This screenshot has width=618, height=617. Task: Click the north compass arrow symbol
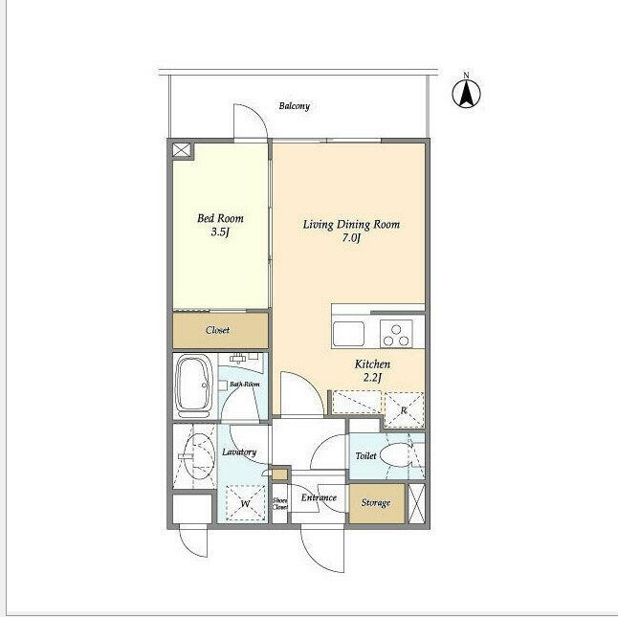[466, 94]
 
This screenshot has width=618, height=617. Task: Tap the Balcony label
[295, 106]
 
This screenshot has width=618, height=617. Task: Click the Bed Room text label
[220, 218]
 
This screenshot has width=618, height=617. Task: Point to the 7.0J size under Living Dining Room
[351, 238]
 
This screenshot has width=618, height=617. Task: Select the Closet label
[217, 330]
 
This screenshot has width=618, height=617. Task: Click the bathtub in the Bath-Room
[194, 386]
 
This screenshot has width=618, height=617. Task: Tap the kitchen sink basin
[348, 334]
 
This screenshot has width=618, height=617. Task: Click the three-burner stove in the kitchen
[396, 334]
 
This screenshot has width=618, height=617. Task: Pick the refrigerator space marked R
[404, 410]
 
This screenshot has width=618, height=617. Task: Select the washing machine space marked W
[245, 503]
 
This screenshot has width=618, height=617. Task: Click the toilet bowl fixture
[397, 455]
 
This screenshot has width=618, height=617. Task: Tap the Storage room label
[376, 503]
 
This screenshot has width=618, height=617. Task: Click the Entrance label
[319, 497]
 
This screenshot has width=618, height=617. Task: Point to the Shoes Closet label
[280, 503]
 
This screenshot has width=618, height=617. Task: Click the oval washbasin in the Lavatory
[200, 456]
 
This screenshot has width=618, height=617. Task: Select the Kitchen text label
[372, 364]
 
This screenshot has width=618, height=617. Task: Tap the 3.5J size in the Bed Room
[220, 232]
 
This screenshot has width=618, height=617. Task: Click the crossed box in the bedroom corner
[182, 150]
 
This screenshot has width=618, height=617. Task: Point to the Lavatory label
[239, 452]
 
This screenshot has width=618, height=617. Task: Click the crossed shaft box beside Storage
[416, 503]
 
